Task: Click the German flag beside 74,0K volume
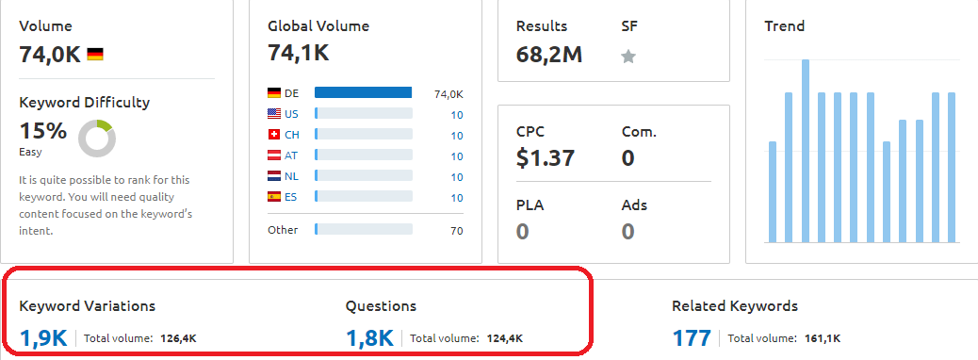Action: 95,55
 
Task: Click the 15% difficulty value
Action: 43,131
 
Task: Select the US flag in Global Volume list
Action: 274,113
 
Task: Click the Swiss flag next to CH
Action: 274,134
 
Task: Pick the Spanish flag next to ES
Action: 274,197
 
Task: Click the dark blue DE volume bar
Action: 363,92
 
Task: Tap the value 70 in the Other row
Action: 457,231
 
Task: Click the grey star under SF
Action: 628,57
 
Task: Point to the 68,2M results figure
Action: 549,55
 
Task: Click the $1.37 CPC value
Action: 546,157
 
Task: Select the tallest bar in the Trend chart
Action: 806,151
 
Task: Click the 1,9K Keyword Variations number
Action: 43,338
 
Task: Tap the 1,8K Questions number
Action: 369,338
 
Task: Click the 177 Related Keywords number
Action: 691,338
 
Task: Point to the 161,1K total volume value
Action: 823,338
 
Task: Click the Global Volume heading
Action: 318,26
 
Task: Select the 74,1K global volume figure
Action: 298,53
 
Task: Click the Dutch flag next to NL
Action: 274,176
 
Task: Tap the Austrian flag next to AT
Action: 274,155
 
